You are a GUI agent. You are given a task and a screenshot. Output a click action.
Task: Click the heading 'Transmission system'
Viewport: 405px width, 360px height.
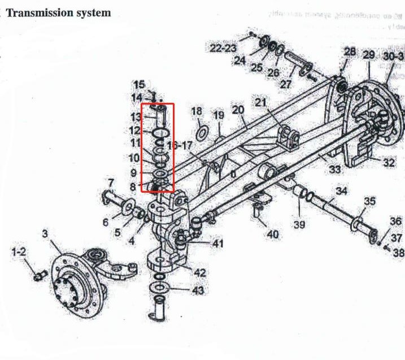coord(59,12)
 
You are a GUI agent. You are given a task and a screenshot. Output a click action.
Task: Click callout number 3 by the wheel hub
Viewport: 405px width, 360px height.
coord(46,232)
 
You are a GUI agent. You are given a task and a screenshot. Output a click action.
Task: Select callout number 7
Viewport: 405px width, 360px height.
coord(111,183)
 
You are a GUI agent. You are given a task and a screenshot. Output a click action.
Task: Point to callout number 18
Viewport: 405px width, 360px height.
coord(197,111)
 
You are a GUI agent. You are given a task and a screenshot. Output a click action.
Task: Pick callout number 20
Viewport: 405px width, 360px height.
coord(237,109)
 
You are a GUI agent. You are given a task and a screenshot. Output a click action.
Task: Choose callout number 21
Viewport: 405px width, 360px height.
coord(260,102)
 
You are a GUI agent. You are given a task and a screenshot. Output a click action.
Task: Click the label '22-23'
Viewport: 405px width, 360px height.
coord(223,49)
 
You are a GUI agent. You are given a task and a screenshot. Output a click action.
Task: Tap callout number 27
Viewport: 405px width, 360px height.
coord(286,84)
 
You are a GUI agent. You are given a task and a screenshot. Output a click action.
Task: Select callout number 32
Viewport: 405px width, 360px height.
coord(389,163)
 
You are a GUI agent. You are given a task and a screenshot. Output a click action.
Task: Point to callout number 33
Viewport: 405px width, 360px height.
coord(335,169)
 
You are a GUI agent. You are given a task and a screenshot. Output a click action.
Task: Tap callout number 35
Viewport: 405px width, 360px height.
coord(369,201)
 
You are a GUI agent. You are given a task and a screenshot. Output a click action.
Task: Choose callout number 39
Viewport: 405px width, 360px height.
coord(299,224)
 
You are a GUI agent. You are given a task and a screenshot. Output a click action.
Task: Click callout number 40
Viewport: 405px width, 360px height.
coord(273,234)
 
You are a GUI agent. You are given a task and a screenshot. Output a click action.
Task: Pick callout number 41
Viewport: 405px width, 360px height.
coord(217,244)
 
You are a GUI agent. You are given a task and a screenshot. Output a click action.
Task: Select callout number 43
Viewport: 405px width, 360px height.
coord(198,290)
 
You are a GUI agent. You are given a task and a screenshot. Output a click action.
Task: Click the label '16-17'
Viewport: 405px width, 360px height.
coord(180,146)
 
